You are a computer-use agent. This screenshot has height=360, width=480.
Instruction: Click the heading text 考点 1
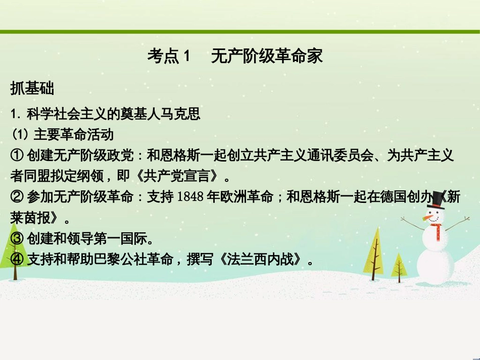[169, 57]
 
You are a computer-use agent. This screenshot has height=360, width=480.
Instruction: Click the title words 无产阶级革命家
[267, 57]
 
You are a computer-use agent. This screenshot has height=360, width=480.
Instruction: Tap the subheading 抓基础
[32, 89]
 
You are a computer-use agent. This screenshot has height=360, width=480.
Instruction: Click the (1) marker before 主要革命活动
[20, 135]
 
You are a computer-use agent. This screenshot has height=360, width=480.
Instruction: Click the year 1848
[191, 198]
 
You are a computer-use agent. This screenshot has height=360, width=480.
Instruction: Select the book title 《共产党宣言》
[179, 177]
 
